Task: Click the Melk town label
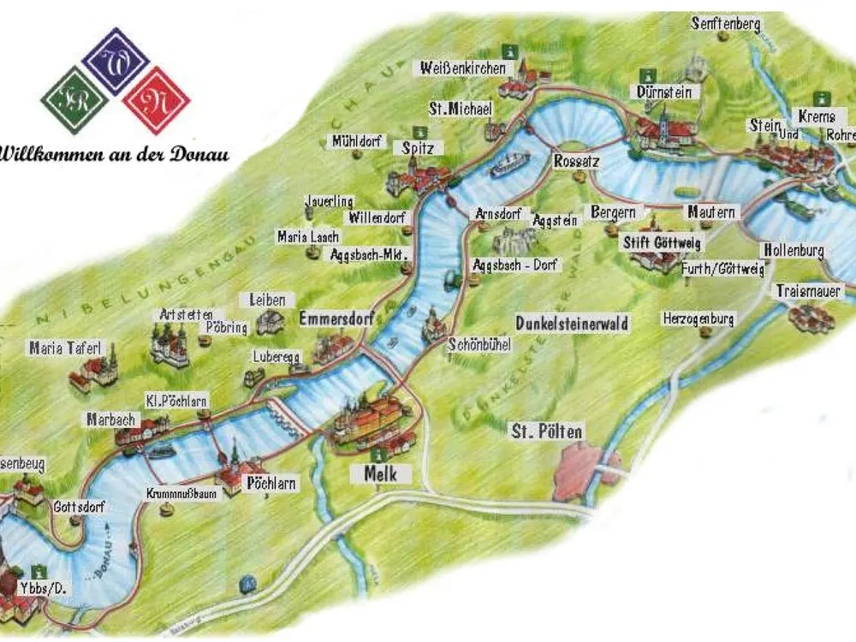tap(380, 473)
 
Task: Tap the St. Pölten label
tap(546, 431)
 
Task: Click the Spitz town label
tap(419, 148)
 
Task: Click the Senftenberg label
tap(726, 24)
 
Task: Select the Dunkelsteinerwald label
tap(572, 324)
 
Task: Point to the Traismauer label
tap(809, 291)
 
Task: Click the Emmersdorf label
tap(336, 318)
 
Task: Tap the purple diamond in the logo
tap(116, 61)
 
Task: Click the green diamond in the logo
tap(74, 100)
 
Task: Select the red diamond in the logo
tap(156, 100)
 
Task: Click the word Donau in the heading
tap(199, 155)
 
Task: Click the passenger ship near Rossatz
tap(510, 163)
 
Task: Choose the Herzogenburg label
tap(698, 318)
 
